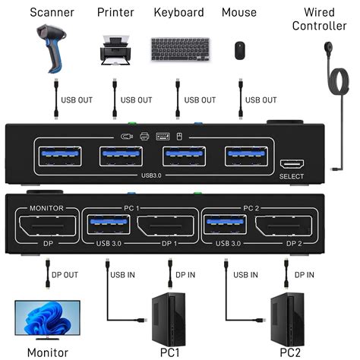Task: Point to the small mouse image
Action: click(x=239, y=50)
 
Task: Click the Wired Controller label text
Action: click(x=324, y=18)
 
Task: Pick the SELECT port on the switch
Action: click(x=292, y=165)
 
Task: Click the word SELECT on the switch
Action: click(x=292, y=177)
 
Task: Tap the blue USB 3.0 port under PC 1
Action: click(x=107, y=226)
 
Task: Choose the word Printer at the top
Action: click(x=116, y=12)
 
